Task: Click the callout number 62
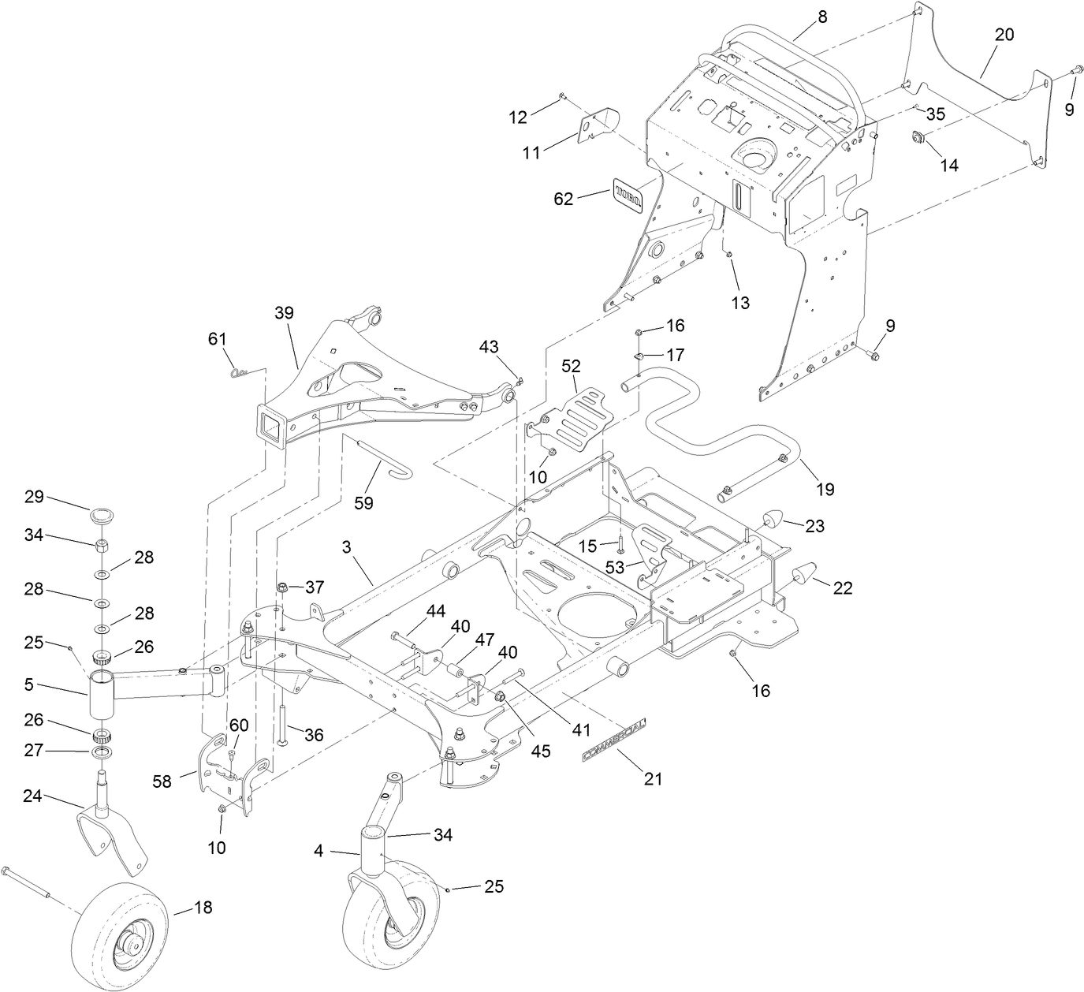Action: tap(563, 200)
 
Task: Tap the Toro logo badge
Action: tap(628, 194)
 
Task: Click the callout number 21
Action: tap(654, 779)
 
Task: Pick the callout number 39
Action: tap(284, 312)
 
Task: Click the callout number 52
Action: tap(571, 366)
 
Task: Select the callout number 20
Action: tap(1004, 35)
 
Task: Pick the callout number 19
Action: tap(825, 489)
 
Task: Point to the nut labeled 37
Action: tap(282, 587)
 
